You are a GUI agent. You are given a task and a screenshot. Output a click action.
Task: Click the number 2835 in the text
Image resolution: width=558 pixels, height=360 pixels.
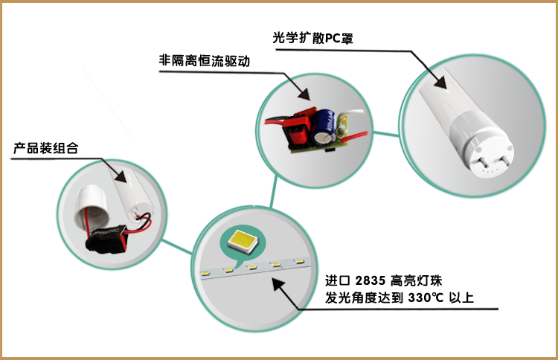371,282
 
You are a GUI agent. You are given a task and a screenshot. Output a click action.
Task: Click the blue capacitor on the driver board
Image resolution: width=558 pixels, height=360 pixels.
324,123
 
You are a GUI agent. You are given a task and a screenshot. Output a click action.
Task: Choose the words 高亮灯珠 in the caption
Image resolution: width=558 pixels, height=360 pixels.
421,282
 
